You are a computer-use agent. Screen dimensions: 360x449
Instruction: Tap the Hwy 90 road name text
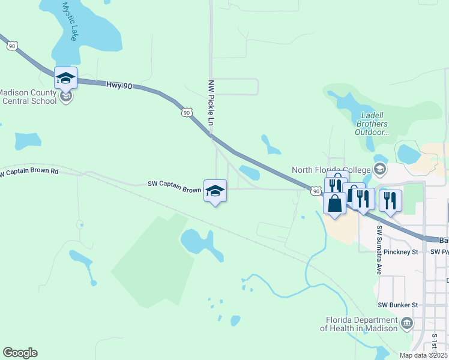click(x=119, y=86)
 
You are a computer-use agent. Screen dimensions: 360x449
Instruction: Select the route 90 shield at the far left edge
click(x=11, y=45)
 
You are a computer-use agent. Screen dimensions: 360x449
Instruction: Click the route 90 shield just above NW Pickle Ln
click(x=187, y=112)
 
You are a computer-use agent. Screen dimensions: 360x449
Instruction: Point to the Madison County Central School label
click(x=28, y=97)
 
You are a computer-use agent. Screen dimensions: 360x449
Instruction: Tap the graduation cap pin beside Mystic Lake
click(x=66, y=79)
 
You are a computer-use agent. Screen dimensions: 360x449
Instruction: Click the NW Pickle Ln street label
click(x=211, y=103)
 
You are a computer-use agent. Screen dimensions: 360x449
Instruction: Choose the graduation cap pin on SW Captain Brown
click(x=215, y=191)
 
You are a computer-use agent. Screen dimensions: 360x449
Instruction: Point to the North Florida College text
click(x=331, y=170)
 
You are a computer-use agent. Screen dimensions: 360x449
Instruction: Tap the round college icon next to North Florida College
click(x=379, y=170)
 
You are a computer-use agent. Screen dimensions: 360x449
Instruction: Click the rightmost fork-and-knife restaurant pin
click(x=390, y=201)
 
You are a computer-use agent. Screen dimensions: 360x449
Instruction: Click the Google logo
click(x=20, y=353)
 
